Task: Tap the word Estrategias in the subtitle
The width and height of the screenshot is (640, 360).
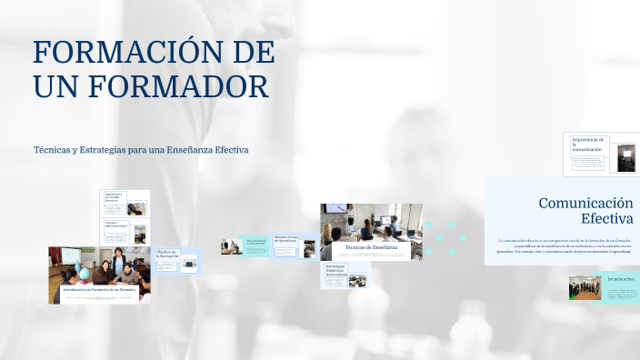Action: tap(83, 149)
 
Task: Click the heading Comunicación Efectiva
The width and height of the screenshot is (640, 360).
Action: tap(585, 211)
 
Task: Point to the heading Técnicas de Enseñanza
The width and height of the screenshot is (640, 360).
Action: tap(370, 246)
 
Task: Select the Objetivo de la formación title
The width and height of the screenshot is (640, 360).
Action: tap(166, 254)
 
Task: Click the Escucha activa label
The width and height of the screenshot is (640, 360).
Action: tap(621, 279)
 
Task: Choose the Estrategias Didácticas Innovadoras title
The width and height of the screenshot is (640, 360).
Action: tap(336, 271)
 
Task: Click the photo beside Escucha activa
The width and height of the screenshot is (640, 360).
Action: tap(585, 287)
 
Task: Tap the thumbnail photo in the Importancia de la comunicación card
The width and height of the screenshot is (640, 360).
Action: tap(626, 156)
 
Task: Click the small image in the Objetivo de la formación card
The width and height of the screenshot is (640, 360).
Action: tap(189, 264)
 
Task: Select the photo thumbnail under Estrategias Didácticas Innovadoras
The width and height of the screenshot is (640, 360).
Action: tap(357, 280)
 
